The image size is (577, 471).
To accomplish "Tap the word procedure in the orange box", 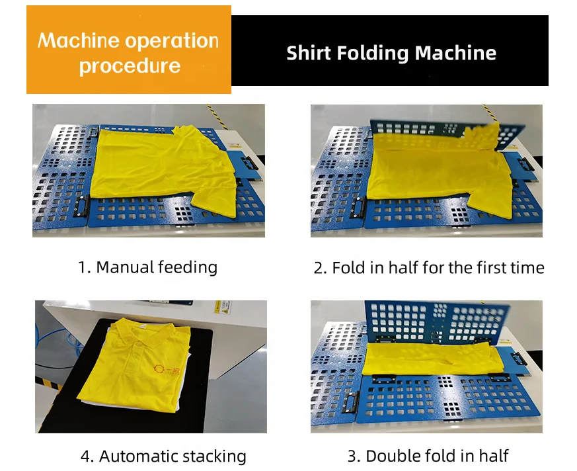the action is (x=130, y=66).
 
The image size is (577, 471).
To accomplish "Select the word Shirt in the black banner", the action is (x=308, y=53).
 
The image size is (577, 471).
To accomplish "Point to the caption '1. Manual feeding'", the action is (x=147, y=267).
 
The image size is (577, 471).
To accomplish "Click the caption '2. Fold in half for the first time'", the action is (x=429, y=268).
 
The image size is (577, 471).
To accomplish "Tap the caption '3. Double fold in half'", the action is (x=428, y=456).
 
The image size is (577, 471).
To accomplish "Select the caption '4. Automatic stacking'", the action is (x=163, y=456).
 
